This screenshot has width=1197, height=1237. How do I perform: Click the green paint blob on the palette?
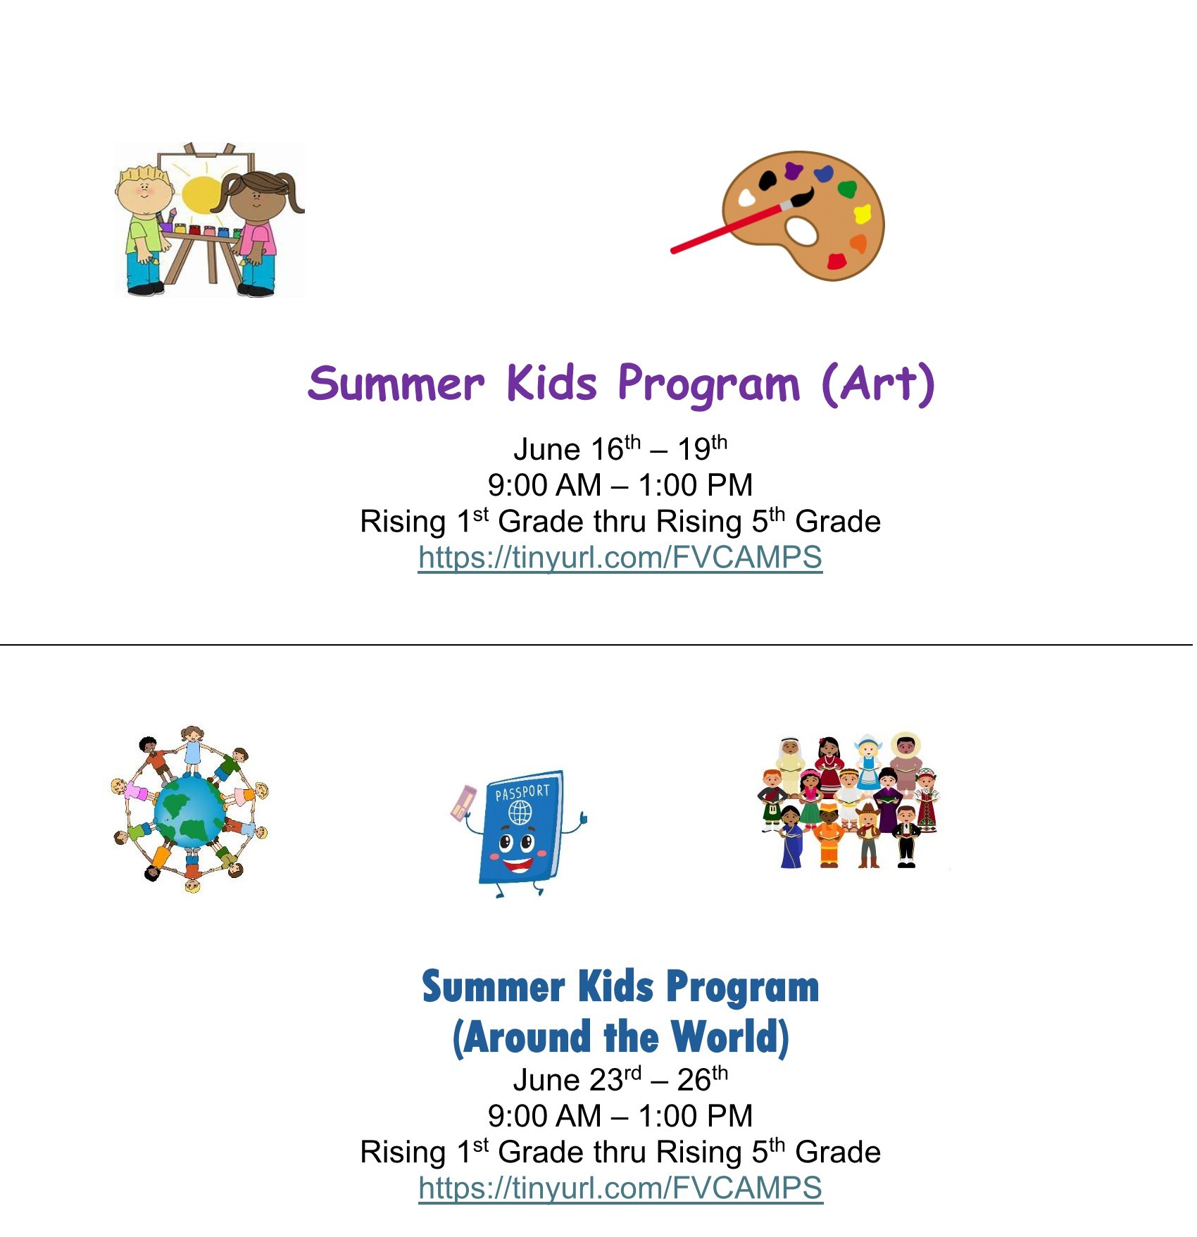click(x=847, y=189)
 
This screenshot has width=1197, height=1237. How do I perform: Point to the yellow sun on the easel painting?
click(x=201, y=194)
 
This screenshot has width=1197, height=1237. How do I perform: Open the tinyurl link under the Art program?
click(x=620, y=558)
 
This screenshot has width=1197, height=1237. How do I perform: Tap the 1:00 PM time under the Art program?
click(x=695, y=485)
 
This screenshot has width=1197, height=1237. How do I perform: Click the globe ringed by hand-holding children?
click(x=190, y=811)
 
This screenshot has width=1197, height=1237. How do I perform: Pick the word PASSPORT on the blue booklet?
click(x=522, y=793)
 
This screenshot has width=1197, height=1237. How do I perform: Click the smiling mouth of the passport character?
click(x=518, y=863)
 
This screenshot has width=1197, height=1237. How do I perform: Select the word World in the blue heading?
click(x=729, y=1037)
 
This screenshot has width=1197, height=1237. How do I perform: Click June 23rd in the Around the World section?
click(x=577, y=1079)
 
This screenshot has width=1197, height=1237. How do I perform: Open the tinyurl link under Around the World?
click(x=620, y=1188)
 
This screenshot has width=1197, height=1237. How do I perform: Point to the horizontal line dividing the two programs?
click(x=598, y=644)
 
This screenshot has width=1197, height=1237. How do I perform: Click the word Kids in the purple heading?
click(x=552, y=384)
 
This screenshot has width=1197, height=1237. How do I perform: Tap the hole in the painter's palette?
click(x=801, y=230)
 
